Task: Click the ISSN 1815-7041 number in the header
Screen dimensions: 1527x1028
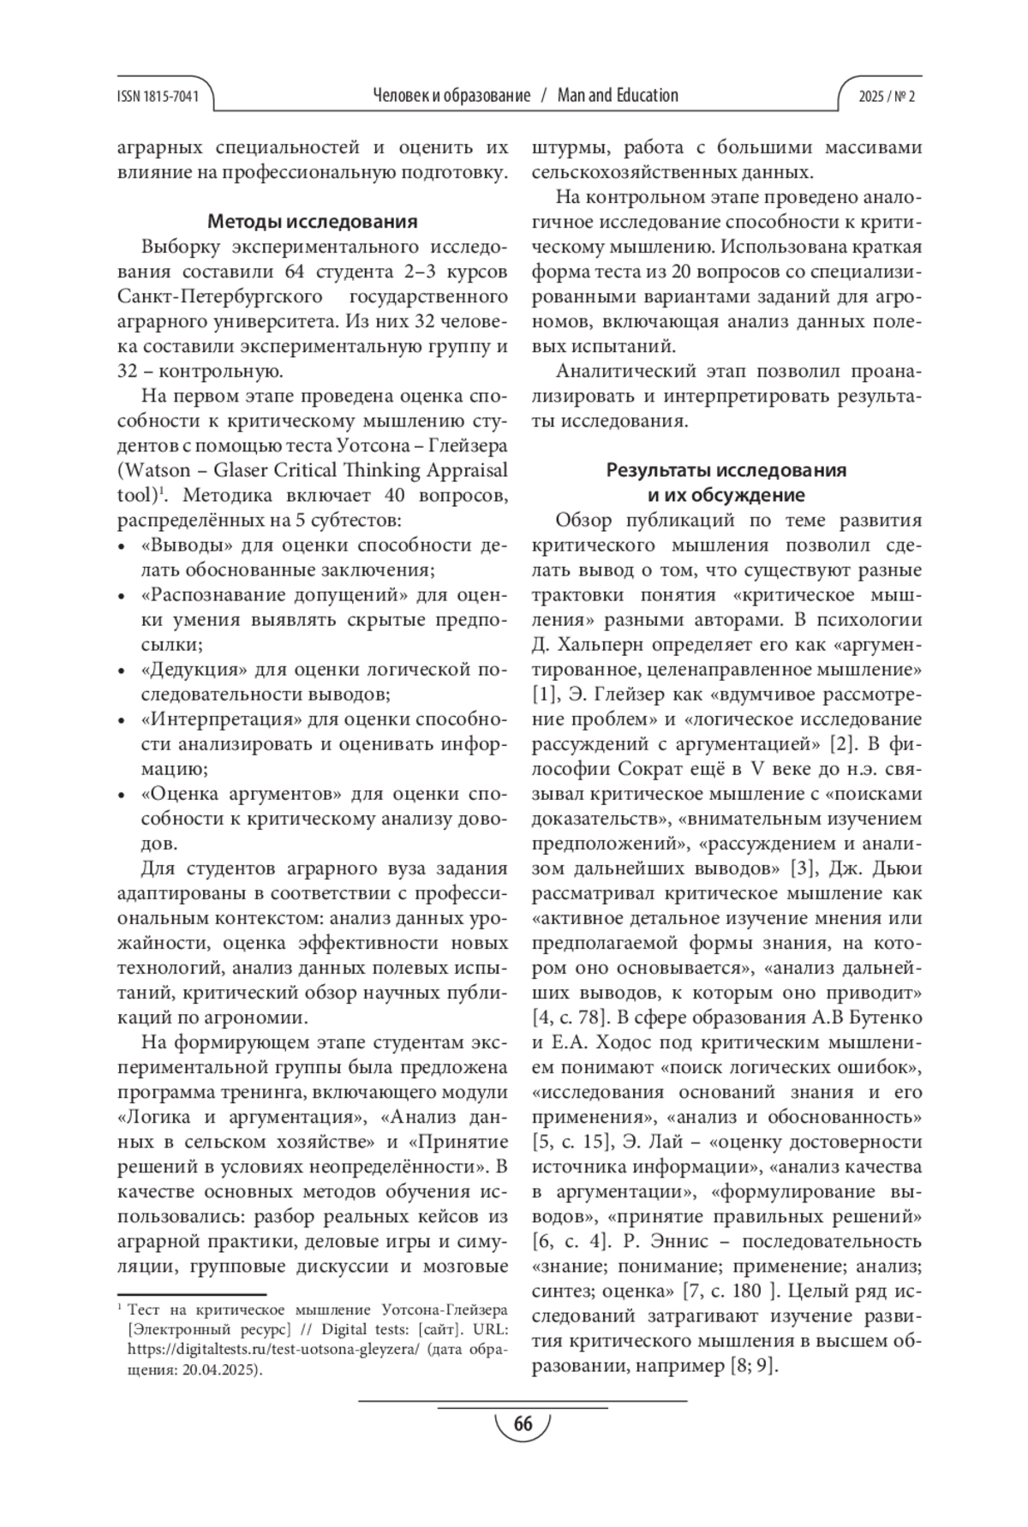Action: pyautogui.click(x=157, y=96)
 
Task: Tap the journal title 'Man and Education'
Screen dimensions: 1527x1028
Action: pyautogui.click(x=618, y=95)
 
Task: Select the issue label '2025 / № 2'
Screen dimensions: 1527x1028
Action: pyautogui.click(x=887, y=96)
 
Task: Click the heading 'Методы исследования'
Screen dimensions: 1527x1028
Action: pyautogui.click(x=313, y=222)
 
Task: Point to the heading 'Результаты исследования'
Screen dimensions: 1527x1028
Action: pyautogui.click(x=726, y=470)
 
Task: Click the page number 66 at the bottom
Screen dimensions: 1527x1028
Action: pyautogui.click(x=523, y=1423)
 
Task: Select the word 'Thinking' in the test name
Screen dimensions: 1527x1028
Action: pyautogui.click(x=377, y=470)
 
